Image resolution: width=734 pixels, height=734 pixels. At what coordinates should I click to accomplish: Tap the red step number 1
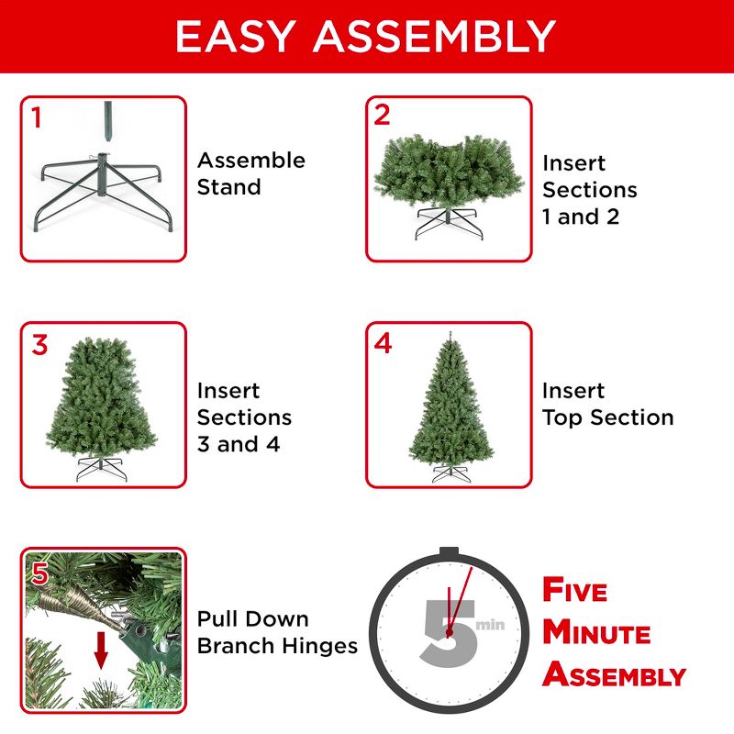click(37, 117)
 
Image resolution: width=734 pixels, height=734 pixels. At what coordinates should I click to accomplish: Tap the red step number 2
click(383, 116)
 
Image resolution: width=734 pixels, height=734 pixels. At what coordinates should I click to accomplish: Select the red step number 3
click(39, 345)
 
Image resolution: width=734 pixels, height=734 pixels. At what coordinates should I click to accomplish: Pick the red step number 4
click(384, 344)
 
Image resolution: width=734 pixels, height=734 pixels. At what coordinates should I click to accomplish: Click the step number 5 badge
click(39, 573)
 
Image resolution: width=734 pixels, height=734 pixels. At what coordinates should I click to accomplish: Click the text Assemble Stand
click(250, 173)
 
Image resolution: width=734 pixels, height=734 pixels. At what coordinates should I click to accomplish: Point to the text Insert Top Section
click(607, 405)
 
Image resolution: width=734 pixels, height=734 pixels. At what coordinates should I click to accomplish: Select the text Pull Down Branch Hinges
click(277, 632)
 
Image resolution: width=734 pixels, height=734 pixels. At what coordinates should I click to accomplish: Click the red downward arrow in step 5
click(101, 652)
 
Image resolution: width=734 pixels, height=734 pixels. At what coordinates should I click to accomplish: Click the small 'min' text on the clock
click(490, 625)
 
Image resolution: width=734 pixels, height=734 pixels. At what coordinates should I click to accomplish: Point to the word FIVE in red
click(575, 590)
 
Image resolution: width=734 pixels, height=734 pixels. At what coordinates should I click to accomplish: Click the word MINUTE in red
click(596, 633)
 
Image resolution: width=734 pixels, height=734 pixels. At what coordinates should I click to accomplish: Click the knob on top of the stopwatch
click(449, 552)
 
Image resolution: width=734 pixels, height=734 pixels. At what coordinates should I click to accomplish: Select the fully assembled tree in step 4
click(449, 404)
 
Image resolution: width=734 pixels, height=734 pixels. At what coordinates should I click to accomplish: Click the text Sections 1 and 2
click(589, 203)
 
